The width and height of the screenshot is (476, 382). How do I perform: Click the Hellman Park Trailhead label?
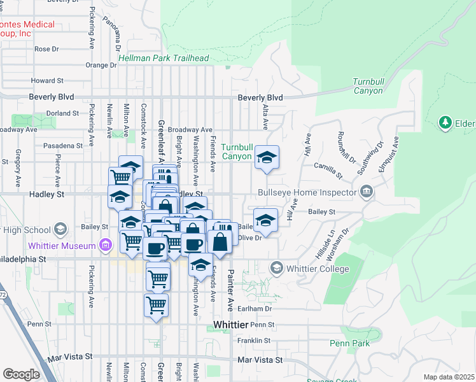164,58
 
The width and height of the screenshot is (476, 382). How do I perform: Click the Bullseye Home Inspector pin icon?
367,191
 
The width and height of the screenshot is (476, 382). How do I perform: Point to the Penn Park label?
350,344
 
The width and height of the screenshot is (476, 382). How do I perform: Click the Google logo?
21,374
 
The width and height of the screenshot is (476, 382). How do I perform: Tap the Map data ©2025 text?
449,377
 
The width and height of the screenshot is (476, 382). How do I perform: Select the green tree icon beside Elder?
445,122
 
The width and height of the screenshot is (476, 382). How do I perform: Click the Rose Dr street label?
46,48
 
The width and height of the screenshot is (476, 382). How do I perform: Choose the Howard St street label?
48,81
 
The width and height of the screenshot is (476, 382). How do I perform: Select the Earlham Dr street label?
260,309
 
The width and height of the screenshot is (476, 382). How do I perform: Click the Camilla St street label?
328,169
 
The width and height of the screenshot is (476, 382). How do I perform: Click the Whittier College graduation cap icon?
276,268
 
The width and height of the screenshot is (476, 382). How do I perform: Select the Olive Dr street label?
249,238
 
